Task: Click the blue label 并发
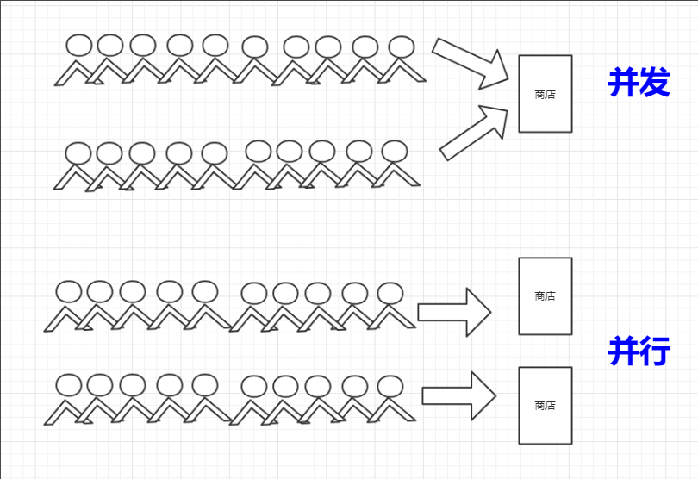tap(639, 83)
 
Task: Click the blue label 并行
tap(639, 351)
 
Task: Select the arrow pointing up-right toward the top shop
tap(474, 131)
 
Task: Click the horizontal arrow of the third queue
tap(454, 312)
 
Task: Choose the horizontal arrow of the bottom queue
tap(458, 396)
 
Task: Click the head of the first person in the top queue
tap(79, 46)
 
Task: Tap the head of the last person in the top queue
tap(402, 47)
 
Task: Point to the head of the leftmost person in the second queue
tap(78, 153)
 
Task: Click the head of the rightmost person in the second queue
tap(394, 152)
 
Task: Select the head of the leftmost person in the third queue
tap(69, 292)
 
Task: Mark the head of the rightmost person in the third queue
tap(390, 293)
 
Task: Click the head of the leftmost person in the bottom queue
tap(69, 384)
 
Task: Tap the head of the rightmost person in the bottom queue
tap(390, 385)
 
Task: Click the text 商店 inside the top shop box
tap(545, 95)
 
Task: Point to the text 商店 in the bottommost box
tap(545, 405)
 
